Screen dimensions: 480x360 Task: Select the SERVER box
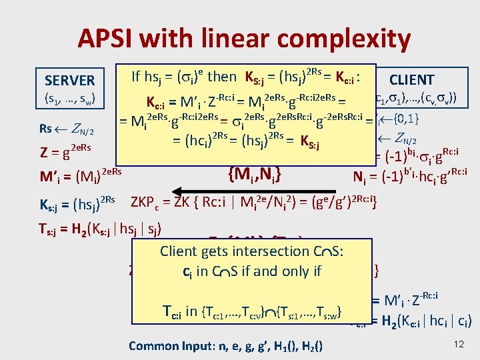tap(69, 80)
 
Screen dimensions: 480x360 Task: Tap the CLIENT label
tap(411, 80)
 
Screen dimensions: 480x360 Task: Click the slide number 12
tap(457, 343)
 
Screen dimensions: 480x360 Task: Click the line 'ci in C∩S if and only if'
tap(251, 272)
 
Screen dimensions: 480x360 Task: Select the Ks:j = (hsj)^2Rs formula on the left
tap(76, 203)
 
